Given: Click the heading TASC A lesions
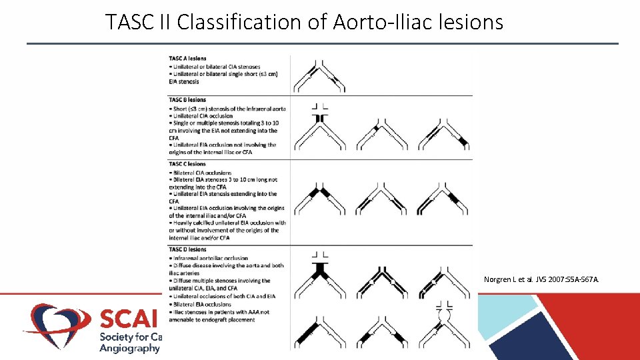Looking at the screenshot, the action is click(187, 59).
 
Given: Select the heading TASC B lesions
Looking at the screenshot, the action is click(187, 100).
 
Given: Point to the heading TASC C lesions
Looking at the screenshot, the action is click(187, 164).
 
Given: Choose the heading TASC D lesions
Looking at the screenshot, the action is click(187, 250).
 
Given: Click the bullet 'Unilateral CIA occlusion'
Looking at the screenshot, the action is click(202, 115).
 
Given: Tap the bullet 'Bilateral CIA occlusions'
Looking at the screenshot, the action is click(201, 173).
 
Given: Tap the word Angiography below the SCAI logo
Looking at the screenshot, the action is click(130, 348).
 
